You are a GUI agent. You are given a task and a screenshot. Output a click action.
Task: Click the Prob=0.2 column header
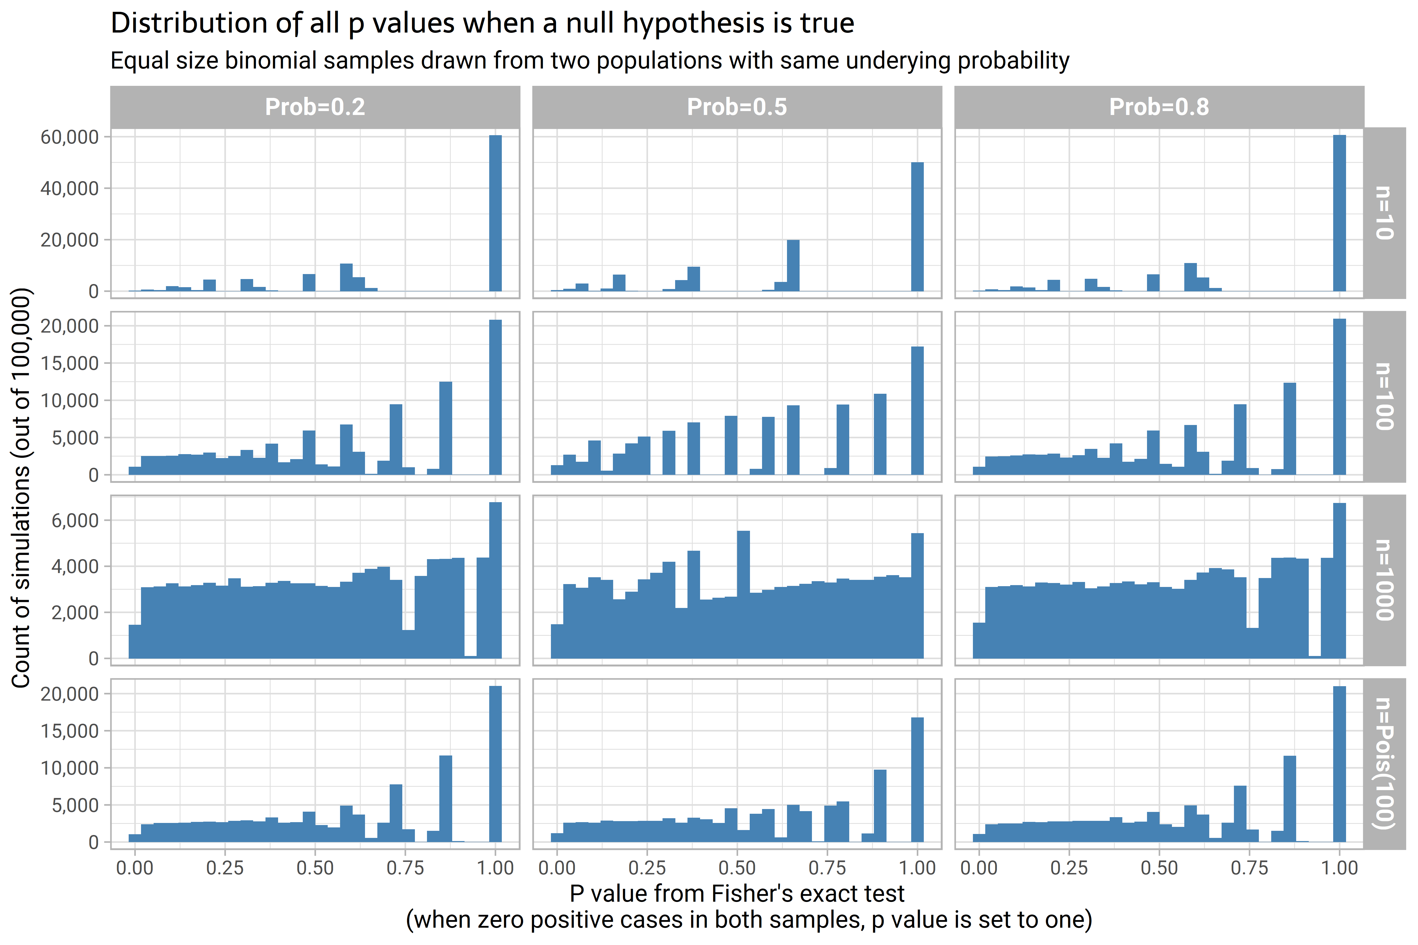(x=315, y=107)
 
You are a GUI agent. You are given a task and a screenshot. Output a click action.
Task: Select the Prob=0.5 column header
(x=737, y=107)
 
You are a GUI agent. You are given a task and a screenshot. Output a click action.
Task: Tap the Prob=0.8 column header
(x=1159, y=107)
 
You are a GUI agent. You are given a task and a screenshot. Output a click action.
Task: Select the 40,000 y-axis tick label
(x=69, y=189)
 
